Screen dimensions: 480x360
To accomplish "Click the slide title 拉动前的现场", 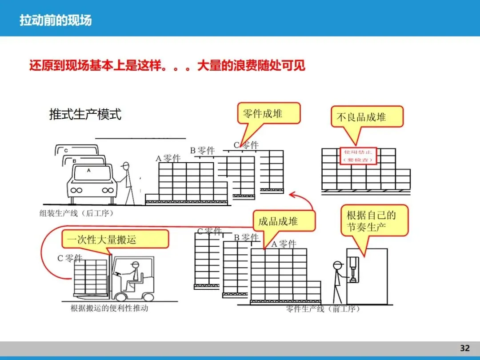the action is point(56,20).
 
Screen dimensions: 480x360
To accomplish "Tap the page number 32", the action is point(464,348).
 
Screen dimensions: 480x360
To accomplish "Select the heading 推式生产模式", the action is point(85,114).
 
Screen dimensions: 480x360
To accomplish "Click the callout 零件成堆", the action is point(268,113).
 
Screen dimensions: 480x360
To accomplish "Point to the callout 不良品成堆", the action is point(367,117).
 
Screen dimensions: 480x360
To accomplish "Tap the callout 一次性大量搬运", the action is point(115,240).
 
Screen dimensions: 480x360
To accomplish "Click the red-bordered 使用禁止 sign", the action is point(358,156).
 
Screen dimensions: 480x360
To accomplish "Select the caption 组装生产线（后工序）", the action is point(77,213).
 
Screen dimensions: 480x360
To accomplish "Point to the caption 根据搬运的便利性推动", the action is point(109,308).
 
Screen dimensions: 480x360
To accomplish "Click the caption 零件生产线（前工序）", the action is point(323,309).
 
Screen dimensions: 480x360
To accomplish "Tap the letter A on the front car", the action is point(88,170).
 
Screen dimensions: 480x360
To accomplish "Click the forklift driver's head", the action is point(135,266).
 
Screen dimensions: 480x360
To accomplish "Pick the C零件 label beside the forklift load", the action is point(70,258).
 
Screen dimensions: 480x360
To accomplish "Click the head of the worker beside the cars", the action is point(126,167).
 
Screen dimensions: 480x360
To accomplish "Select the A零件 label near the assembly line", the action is point(168,158).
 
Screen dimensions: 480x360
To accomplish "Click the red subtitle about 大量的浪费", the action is point(167,66).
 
